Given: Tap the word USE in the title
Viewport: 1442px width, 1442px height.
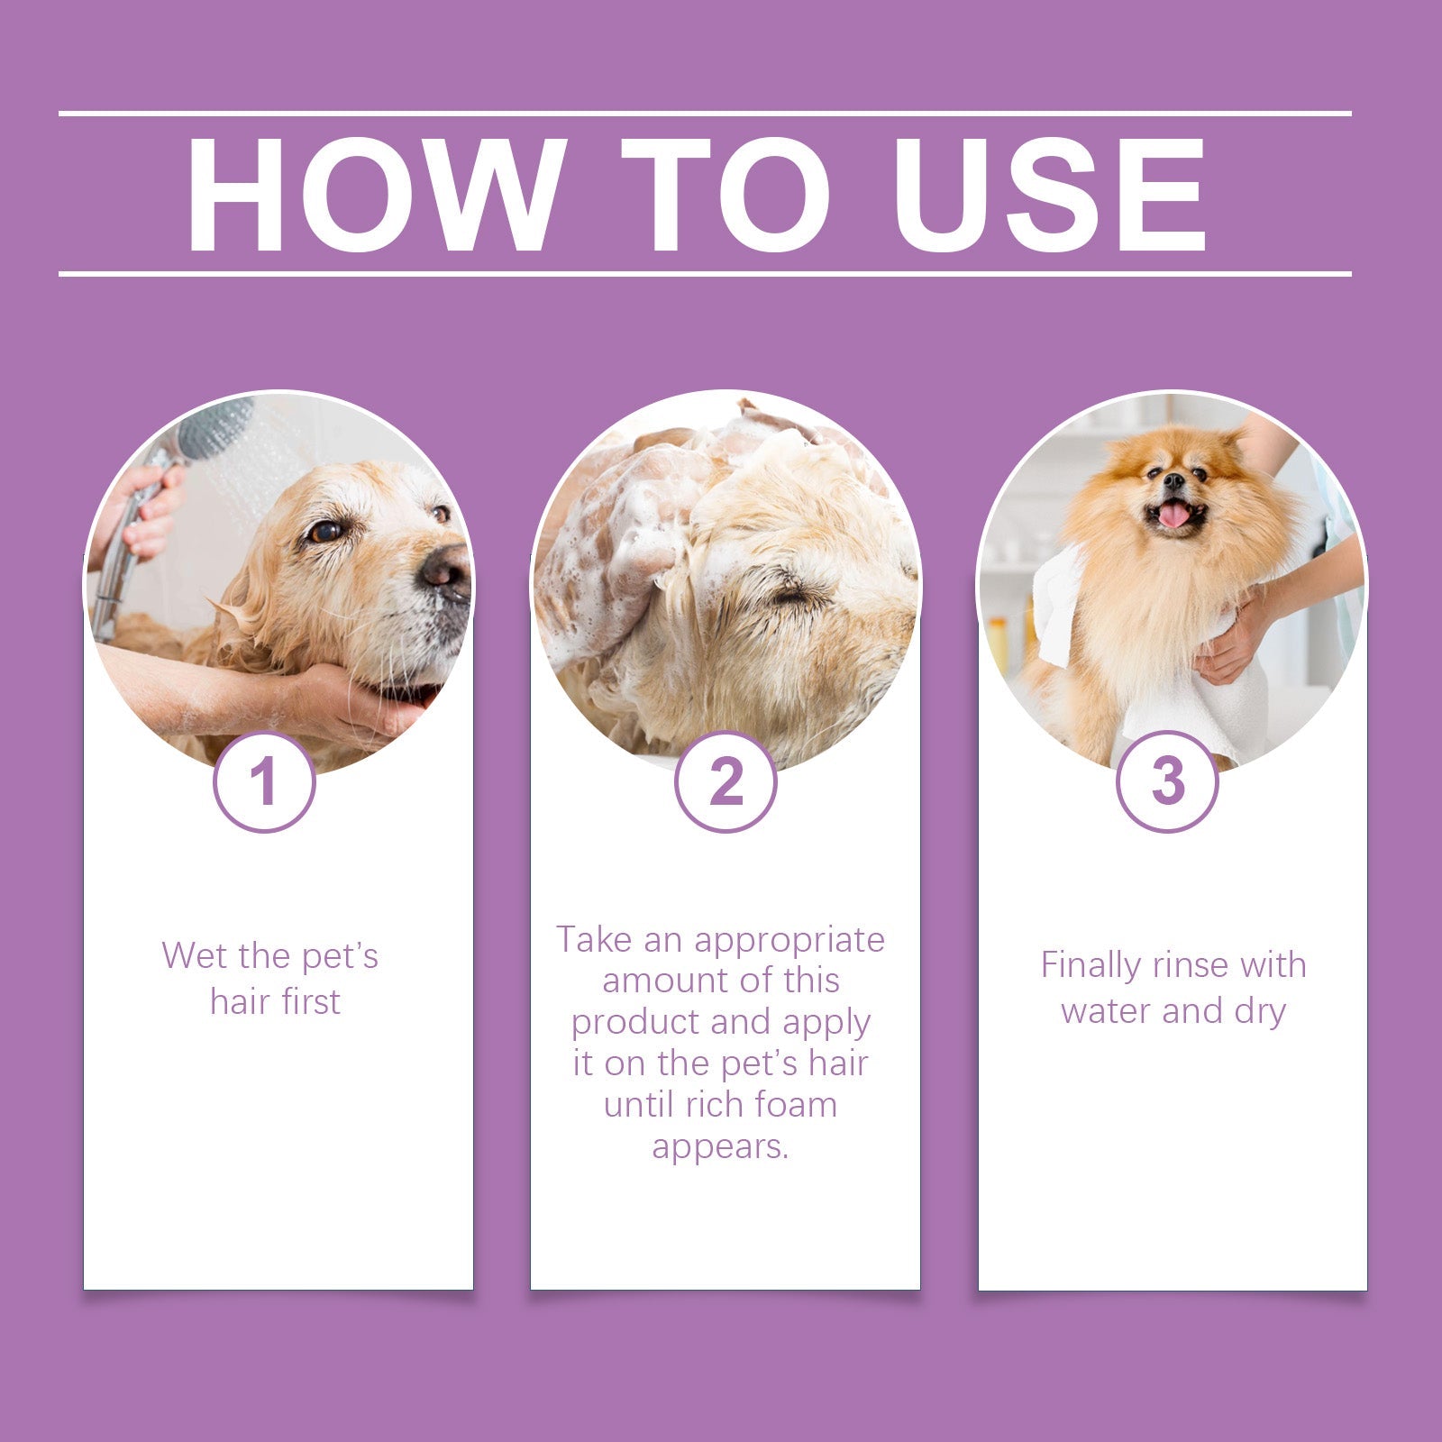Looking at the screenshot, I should pyautogui.click(x=1048, y=196).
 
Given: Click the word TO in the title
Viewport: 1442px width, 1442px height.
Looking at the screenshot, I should pyautogui.click(x=726, y=196).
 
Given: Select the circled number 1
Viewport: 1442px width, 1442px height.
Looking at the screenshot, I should pyautogui.click(x=264, y=781).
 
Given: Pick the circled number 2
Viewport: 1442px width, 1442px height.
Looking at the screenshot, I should pyautogui.click(x=726, y=781).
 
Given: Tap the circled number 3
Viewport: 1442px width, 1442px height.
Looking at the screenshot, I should pyautogui.click(x=1168, y=781).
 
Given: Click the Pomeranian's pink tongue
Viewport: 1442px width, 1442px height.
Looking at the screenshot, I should pyautogui.click(x=1173, y=516).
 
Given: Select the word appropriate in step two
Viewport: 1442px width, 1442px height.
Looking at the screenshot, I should pyautogui.click(x=789, y=941).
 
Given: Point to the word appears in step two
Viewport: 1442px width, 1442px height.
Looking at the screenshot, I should pyautogui.click(x=720, y=1146).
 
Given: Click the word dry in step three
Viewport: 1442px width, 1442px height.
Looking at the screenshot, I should pyautogui.click(x=1259, y=1011).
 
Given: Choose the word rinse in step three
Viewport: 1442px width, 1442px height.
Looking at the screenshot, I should pyautogui.click(x=1192, y=966).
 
